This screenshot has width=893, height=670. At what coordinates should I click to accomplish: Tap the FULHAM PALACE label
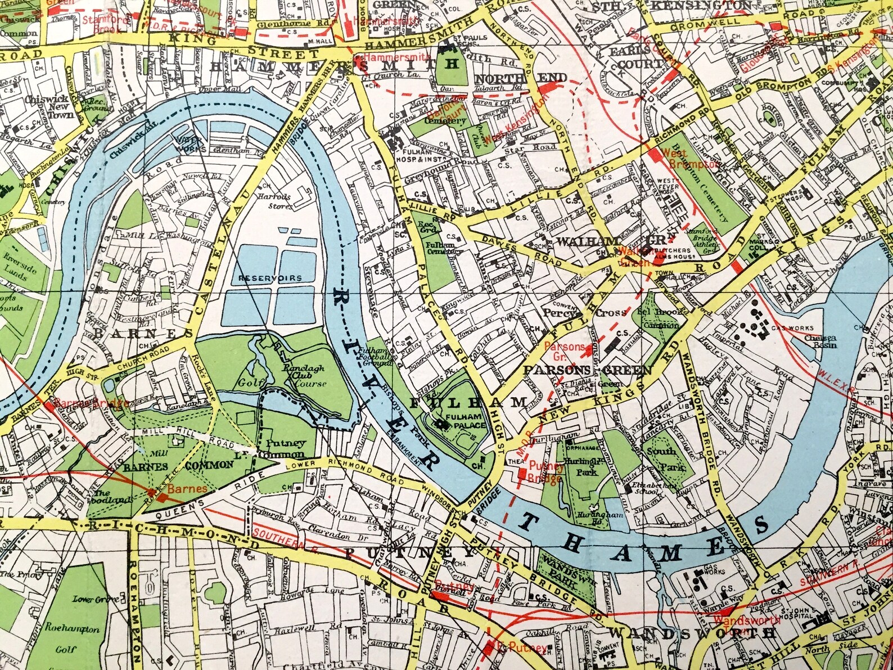pyautogui.click(x=464, y=421)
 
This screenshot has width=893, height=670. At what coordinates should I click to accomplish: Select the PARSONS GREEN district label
pyautogui.click(x=587, y=370)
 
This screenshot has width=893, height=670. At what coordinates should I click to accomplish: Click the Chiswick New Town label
pyautogui.click(x=54, y=106)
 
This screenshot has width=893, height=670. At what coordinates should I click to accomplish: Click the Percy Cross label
pyautogui.click(x=585, y=313)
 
